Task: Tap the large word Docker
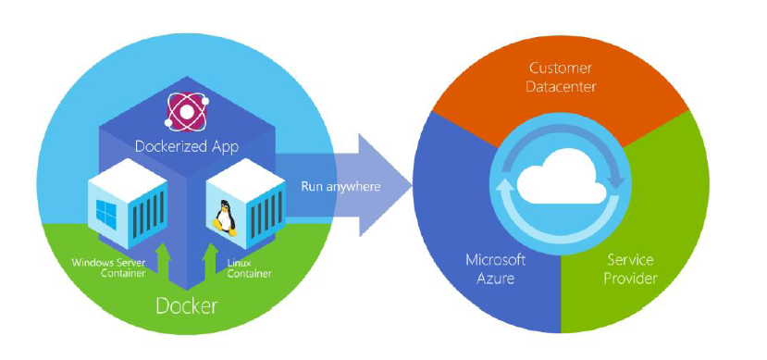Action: pyautogui.click(x=186, y=304)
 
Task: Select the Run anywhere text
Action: pyautogui.click(x=340, y=186)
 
